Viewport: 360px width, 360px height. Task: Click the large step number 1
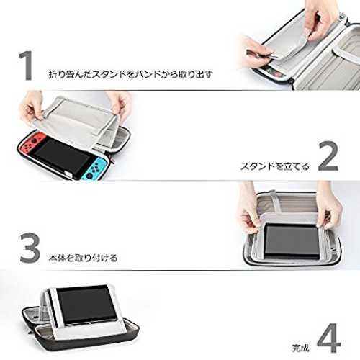coord(27,66)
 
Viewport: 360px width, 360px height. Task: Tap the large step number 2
coord(328,156)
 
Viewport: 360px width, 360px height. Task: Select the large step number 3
coord(30,248)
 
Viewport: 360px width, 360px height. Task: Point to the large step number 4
coord(329,338)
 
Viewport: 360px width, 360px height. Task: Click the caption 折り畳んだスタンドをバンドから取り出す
coord(130,74)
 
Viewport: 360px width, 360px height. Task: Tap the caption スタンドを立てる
coord(275,166)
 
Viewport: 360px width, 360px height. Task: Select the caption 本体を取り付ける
coord(83,258)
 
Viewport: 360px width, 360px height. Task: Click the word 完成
coord(300,348)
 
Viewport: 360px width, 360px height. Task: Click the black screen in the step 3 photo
coord(292,241)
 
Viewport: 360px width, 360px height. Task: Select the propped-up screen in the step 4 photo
coord(86,305)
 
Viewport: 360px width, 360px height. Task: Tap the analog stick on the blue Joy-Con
coord(89,175)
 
